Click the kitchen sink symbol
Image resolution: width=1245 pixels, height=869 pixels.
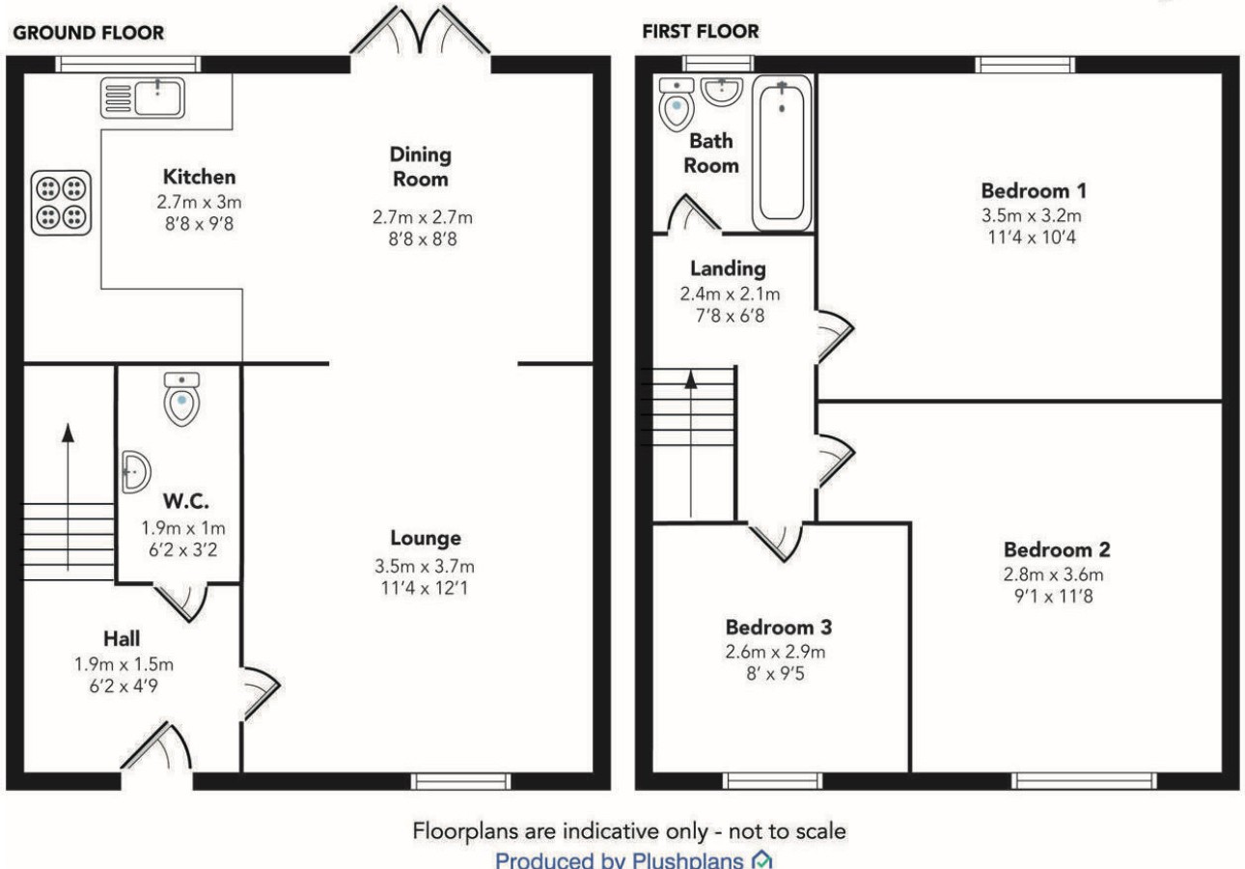tap(142, 98)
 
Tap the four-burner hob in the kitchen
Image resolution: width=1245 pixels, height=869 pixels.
tap(61, 203)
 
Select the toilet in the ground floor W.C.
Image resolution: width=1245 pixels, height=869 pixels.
tap(181, 399)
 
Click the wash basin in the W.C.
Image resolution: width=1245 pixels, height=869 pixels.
tap(136, 472)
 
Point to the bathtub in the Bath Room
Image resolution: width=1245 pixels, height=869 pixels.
tap(782, 153)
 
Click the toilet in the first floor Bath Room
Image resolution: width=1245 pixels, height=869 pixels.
tap(677, 104)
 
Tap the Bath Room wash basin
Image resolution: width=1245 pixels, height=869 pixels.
tap(722, 91)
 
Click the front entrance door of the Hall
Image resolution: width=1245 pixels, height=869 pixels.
tap(156, 746)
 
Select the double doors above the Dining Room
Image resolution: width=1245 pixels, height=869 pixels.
tap(420, 30)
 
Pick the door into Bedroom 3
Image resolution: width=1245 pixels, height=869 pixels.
tap(776, 542)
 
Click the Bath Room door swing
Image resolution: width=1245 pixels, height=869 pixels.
tap(694, 212)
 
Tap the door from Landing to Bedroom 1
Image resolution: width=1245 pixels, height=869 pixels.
tap(835, 336)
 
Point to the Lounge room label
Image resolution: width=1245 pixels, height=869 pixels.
tap(426, 538)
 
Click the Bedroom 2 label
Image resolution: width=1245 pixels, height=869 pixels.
tap(1057, 549)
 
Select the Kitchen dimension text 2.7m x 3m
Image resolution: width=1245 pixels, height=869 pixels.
tap(199, 202)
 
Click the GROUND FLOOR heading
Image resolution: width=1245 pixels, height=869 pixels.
tap(89, 33)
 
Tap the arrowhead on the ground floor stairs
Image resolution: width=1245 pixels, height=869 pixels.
tap(68, 433)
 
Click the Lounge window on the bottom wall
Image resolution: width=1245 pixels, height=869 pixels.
tap(460, 781)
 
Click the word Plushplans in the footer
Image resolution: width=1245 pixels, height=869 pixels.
tap(687, 860)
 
